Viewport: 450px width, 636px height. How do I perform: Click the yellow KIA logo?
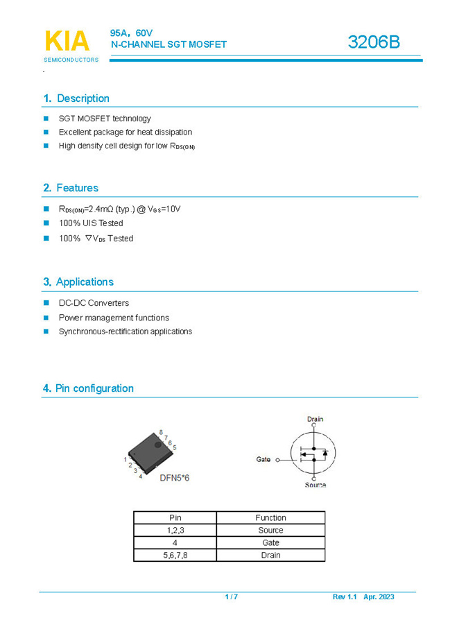pyautogui.click(x=67, y=41)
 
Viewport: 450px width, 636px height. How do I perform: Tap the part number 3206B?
pyautogui.click(x=374, y=42)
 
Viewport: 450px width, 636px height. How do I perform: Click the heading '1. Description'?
pyautogui.click(x=76, y=98)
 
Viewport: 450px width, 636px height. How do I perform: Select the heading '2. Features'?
pyautogui.click(x=71, y=188)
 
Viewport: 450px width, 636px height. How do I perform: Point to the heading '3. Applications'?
pyautogui.click(x=78, y=282)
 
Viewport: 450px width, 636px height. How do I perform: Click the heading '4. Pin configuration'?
pyautogui.click(x=88, y=388)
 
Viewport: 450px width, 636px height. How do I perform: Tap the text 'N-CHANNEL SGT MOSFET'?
pyautogui.click(x=169, y=44)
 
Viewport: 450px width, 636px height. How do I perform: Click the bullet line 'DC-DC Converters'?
pyautogui.click(x=94, y=303)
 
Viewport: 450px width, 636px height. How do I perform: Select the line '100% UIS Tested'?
pyautogui.click(x=91, y=223)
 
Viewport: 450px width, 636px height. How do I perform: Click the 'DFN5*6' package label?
pyautogui.click(x=175, y=478)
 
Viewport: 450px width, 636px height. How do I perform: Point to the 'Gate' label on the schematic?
pyautogui.click(x=263, y=459)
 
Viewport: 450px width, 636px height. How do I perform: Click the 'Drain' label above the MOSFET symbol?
pyautogui.click(x=315, y=419)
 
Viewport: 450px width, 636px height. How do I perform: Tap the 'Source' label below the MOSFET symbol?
pyautogui.click(x=315, y=485)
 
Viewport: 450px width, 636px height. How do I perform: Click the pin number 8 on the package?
pyautogui.click(x=161, y=433)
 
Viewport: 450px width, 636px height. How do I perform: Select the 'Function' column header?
pyautogui.click(x=270, y=517)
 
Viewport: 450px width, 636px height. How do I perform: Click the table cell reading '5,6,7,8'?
pyautogui.click(x=175, y=555)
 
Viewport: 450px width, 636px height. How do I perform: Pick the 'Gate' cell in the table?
pyautogui.click(x=270, y=542)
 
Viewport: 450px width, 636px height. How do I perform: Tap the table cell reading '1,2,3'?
pyautogui.click(x=175, y=530)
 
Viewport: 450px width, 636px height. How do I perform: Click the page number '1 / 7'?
pyautogui.click(x=232, y=596)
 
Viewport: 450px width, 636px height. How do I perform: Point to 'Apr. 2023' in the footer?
pyautogui.click(x=379, y=596)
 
